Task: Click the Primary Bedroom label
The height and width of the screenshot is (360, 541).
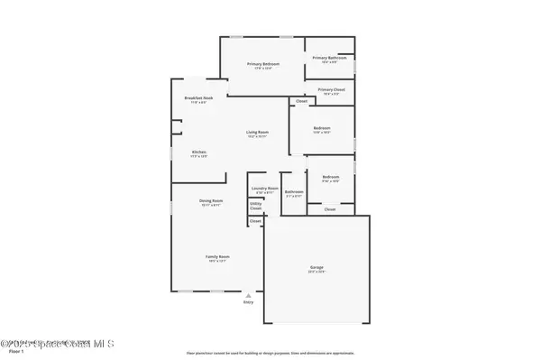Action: pos(264,64)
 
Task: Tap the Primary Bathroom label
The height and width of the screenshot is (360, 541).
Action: pos(326,58)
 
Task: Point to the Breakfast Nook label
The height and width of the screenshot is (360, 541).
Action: pos(198,97)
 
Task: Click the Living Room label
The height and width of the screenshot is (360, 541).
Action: pos(258,133)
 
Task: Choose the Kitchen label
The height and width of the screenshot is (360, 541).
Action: pos(199,152)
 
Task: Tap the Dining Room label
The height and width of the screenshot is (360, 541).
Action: pos(211,200)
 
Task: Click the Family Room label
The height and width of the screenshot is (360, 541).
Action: pos(217,257)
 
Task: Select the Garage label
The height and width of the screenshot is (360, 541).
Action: pos(316,268)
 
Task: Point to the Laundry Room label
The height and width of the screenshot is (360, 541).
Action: pos(265,189)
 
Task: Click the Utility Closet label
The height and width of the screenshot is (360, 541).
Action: pos(256,206)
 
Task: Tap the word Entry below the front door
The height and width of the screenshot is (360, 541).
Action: pos(249,301)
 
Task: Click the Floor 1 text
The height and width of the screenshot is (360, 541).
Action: pos(14,352)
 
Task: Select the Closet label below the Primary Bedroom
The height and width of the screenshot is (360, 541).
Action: pos(276,101)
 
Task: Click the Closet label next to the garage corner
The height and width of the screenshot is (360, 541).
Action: pos(255,221)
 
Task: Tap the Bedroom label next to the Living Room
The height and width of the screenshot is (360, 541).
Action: pos(322,128)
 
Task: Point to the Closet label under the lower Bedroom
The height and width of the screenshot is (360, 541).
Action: pos(330,209)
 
